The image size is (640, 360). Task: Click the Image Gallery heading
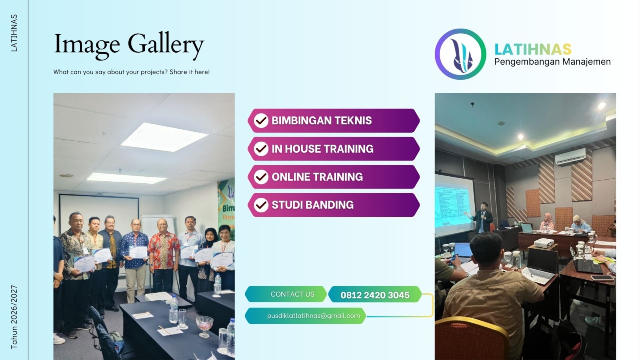129,44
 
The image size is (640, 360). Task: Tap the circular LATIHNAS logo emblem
460,54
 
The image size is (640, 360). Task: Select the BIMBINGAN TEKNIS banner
334,120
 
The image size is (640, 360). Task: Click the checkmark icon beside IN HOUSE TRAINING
261,149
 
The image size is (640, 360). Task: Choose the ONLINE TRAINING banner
334,177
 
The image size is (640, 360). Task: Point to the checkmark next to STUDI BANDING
261,205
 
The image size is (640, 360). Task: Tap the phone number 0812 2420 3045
375,295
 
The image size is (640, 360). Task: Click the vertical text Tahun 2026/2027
14,317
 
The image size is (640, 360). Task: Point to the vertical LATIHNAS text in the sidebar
14,33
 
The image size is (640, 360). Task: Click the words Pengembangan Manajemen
552,62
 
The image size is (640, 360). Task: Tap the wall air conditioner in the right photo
570,156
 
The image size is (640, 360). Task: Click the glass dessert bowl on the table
204,324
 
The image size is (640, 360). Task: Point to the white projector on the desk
544,242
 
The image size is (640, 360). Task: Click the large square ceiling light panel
164,136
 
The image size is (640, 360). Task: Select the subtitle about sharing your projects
132,72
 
